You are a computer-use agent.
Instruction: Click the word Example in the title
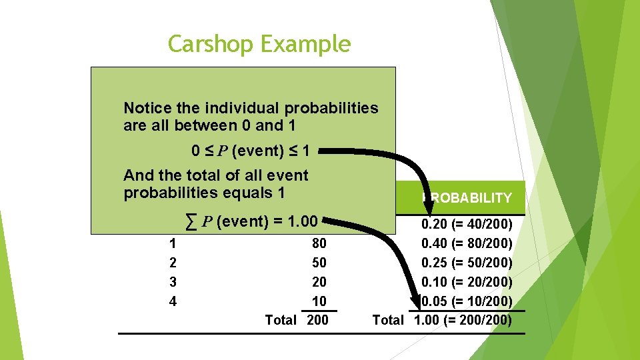click(x=305, y=45)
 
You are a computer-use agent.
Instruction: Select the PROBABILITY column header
click(x=468, y=198)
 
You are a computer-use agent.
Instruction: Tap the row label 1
click(x=173, y=244)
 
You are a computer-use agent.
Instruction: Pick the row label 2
click(x=173, y=263)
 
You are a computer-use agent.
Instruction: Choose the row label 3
click(x=173, y=282)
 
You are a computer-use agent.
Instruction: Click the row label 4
click(x=173, y=301)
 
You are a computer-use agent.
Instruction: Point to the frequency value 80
click(x=319, y=244)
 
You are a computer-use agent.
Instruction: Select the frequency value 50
click(x=319, y=263)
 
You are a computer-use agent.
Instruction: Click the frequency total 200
click(x=318, y=320)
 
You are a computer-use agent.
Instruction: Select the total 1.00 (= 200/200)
click(x=463, y=320)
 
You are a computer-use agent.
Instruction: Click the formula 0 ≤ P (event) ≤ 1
click(x=250, y=151)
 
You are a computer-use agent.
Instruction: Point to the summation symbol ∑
click(x=191, y=221)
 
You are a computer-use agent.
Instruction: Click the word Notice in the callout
click(x=146, y=108)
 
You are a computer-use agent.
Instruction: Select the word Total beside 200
click(x=281, y=320)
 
